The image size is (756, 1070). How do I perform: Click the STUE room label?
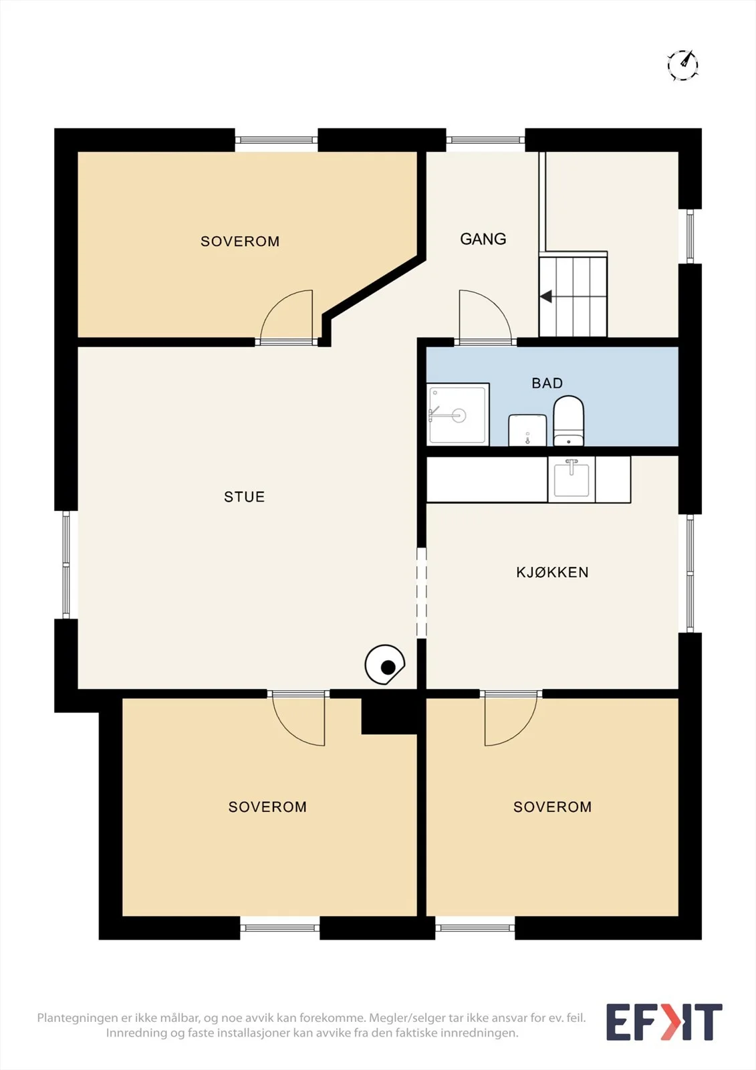tap(244, 497)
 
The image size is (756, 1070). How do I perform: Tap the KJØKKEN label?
tap(552, 572)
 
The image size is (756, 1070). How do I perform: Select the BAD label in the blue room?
tap(547, 383)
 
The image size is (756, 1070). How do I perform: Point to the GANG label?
tap(483, 239)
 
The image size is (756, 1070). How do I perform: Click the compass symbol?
tap(682, 64)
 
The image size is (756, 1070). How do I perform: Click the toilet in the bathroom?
tap(568, 421)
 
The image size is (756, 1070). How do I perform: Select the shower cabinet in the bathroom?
tap(458, 414)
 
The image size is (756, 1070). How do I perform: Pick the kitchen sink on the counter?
tap(572, 479)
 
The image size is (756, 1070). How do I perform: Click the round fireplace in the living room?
tap(385, 665)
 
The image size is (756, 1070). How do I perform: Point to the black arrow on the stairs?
tap(546, 297)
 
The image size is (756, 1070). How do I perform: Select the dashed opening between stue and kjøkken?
tap(421, 593)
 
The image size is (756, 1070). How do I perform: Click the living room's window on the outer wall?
tap(66, 564)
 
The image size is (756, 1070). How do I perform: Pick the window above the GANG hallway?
tap(486, 140)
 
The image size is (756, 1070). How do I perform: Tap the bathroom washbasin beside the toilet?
tap(527, 430)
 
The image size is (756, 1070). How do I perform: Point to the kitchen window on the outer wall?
tap(690, 573)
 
